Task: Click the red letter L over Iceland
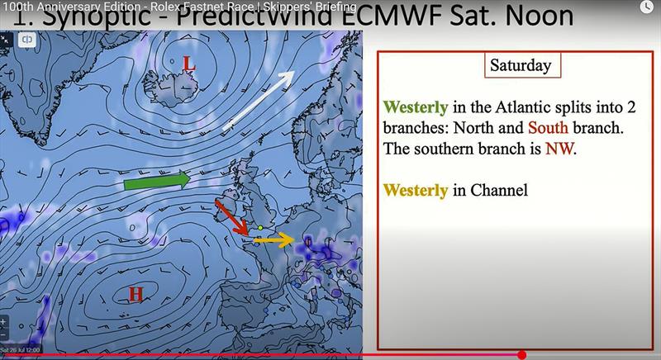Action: (189, 64)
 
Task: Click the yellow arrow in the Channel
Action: (273, 240)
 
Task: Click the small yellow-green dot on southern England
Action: (259, 227)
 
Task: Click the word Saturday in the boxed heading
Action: (521, 65)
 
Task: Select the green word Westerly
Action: (416, 107)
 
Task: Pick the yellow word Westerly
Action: (416, 191)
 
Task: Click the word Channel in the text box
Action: (499, 191)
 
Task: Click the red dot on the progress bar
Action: (521, 355)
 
